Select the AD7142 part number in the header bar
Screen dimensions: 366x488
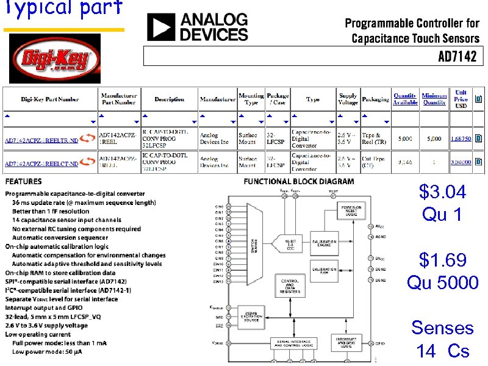[x=461, y=57]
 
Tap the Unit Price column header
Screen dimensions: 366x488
[x=461, y=99]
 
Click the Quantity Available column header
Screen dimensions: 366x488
[x=405, y=99]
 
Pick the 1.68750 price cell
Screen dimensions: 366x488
[x=461, y=138]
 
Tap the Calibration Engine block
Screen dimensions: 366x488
[x=325, y=243]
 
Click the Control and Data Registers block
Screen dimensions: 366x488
[x=289, y=286]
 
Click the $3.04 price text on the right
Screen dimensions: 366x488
[x=442, y=192]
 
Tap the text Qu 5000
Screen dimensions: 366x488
[x=443, y=282]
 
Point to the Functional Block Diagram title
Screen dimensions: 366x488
[x=298, y=181]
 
